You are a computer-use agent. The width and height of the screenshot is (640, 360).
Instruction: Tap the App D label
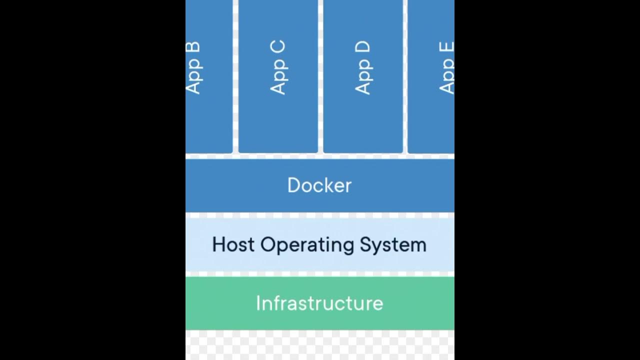click(x=362, y=68)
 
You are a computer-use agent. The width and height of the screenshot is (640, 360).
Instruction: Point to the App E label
click(x=446, y=68)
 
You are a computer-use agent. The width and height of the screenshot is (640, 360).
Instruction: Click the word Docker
click(x=319, y=185)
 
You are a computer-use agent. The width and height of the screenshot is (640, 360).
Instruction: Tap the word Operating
click(x=307, y=245)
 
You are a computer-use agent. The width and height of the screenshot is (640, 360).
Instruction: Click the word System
click(x=393, y=245)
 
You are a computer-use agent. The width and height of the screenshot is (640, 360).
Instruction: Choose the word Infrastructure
click(x=319, y=303)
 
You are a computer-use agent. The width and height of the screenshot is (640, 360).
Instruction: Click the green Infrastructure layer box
click(x=225, y=315)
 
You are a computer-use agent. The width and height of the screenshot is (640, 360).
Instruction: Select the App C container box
click(x=278, y=125)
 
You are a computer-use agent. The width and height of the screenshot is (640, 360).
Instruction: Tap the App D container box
click(x=363, y=125)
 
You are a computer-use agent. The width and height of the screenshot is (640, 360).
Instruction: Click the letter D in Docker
click(x=293, y=185)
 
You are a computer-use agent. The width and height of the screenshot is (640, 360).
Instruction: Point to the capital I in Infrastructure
click(x=258, y=303)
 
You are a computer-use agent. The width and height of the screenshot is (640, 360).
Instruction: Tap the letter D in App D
click(x=362, y=48)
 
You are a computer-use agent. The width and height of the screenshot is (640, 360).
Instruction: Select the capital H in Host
click(x=219, y=244)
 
